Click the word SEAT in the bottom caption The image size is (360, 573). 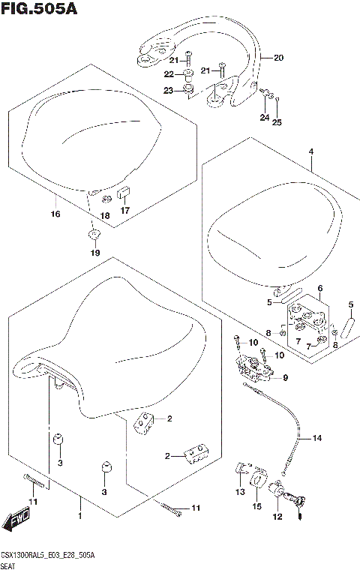click(11, 567)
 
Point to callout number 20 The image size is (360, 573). click(278, 58)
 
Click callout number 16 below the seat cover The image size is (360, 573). click(55, 214)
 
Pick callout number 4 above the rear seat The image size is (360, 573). click(310, 152)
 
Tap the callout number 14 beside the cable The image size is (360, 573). click(316, 437)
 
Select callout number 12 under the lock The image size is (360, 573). click(277, 516)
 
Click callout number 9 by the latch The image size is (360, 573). click(285, 377)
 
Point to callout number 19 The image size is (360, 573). click(94, 253)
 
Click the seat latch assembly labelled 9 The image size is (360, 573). click(253, 369)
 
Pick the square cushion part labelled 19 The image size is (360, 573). click(94, 236)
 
